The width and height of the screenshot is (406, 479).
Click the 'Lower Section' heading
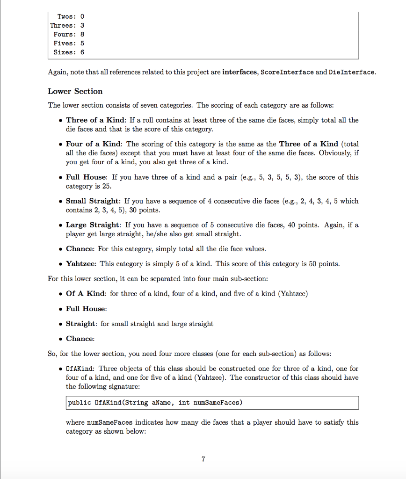[x=75, y=91]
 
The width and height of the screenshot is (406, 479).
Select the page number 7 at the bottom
[x=203, y=459]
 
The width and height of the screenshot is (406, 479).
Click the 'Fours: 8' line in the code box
[x=69, y=34]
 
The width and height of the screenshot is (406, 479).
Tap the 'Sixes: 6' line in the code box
[x=69, y=52]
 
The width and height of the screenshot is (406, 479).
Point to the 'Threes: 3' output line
[x=67, y=25]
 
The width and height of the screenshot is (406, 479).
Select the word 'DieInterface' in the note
[x=352, y=72]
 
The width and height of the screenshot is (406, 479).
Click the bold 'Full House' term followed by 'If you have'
[x=86, y=177]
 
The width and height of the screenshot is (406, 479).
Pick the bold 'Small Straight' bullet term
[x=92, y=201]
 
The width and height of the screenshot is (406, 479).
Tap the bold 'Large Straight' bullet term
[x=93, y=225]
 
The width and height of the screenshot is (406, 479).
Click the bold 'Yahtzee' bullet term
[x=81, y=264]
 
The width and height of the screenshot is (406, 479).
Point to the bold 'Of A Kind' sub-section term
[x=85, y=294]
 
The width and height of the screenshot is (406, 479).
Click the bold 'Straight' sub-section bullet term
[x=81, y=324]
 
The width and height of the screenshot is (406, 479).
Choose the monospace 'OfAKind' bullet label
[x=80, y=369]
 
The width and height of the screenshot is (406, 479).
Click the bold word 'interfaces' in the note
[x=239, y=72]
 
